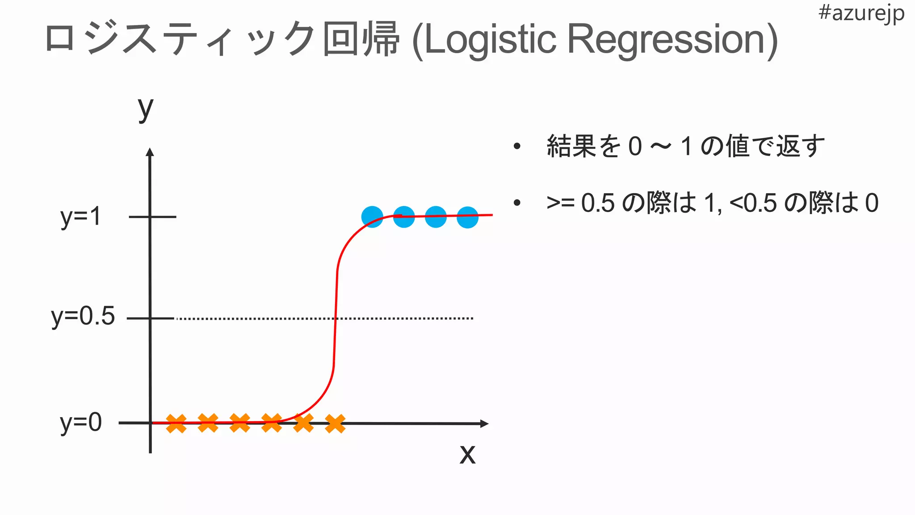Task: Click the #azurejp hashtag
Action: tap(861, 13)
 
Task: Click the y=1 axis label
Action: tap(81, 217)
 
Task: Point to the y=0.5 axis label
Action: tap(83, 317)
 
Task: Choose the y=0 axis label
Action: tap(81, 422)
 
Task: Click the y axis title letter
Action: tap(146, 109)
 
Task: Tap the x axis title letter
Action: tap(467, 454)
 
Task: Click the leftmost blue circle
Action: tap(372, 217)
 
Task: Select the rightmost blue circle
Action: tap(468, 217)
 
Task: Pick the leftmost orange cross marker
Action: tap(176, 423)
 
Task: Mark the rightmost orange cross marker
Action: tap(335, 423)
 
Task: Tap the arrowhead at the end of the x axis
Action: tap(484, 423)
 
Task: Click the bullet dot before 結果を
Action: tap(517, 146)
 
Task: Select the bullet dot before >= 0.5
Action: tap(517, 203)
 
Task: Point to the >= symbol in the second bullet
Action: tap(560, 203)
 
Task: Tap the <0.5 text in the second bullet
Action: tap(753, 203)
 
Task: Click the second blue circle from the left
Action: tap(404, 217)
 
